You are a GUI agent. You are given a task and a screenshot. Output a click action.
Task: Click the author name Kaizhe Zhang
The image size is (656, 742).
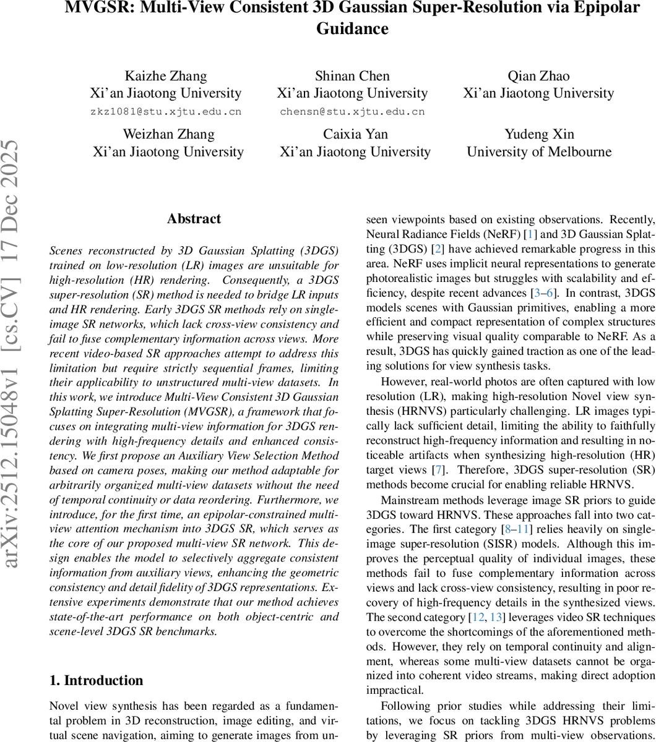[x=165, y=77]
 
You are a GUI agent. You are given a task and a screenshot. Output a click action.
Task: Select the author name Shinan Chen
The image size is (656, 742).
[x=352, y=77]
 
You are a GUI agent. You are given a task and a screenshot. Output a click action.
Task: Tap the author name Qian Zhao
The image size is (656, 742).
[x=538, y=77]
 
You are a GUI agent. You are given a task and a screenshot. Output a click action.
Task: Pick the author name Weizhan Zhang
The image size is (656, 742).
[x=168, y=135]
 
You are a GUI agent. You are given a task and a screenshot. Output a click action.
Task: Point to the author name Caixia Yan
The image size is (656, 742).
[x=355, y=135]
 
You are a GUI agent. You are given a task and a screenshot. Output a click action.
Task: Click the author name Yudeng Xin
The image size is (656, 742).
[x=538, y=135]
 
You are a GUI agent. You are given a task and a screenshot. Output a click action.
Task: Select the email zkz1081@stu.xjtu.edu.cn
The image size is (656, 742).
[x=165, y=112]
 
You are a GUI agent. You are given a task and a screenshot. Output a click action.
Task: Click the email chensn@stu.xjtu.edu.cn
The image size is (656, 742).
[x=352, y=112]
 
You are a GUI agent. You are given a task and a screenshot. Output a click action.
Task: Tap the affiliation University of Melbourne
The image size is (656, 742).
[x=538, y=152]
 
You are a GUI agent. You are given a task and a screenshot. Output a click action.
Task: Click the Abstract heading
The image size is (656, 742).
[x=194, y=219]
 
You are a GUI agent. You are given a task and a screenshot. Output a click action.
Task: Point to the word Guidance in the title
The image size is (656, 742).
[x=352, y=29]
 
